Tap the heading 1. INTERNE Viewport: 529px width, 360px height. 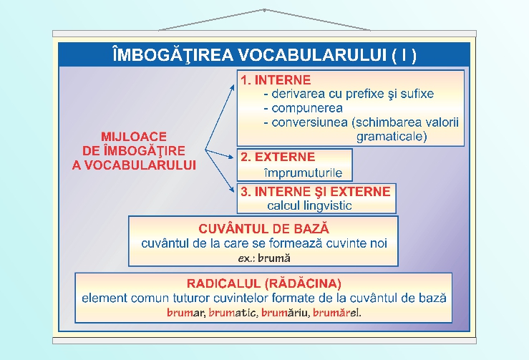click(x=276, y=79)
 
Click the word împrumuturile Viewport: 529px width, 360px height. click(x=303, y=172)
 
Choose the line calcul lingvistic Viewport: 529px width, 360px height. click(x=309, y=206)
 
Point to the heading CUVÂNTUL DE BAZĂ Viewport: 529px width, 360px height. click(x=264, y=229)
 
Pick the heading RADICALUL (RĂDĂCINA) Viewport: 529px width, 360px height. click(x=263, y=283)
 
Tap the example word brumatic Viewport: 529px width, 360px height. click(x=232, y=313)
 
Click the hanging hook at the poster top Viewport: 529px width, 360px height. click(x=264, y=10)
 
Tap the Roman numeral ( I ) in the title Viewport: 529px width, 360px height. click(x=405, y=55)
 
